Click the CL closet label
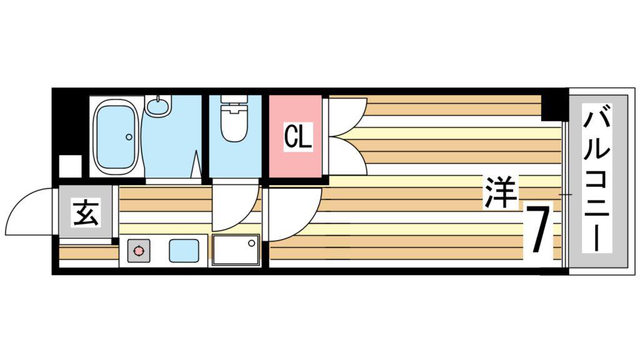298,136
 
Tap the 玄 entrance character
86,212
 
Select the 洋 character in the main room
499,192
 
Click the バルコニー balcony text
597,178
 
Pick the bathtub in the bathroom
116,136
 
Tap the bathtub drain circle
129,137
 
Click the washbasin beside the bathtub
158,106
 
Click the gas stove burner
138,251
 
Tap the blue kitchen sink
184,251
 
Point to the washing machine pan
236,250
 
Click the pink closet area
296,136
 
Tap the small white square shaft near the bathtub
71,166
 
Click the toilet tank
234,100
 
